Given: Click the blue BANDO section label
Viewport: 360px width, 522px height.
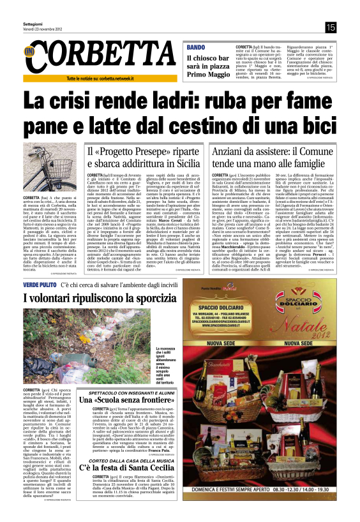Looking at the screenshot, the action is tap(196, 48).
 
